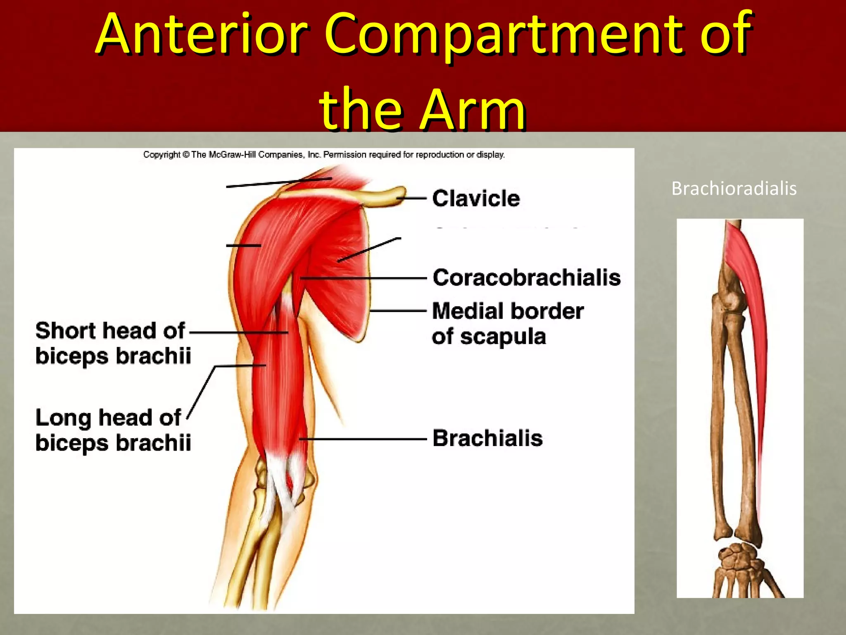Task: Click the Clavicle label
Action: coord(476,198)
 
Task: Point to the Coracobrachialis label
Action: coord(526,277)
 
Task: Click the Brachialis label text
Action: coord(487,438)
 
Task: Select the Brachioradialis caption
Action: coord(734,189)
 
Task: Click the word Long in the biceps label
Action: coord(63,418)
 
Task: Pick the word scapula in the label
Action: coord(503,337)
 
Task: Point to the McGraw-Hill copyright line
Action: coord(324,155)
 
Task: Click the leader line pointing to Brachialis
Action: coord(364,439)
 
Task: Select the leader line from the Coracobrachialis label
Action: coord(364,278)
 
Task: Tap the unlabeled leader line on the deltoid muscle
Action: coord(243,246)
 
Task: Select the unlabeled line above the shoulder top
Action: coord(279,183)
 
